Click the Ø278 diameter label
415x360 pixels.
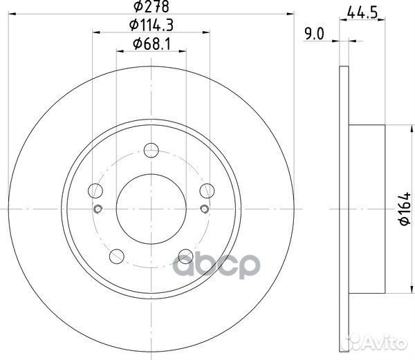tap(151, 7)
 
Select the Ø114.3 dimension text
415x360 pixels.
tap(151, 26)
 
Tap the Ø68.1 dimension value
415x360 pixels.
tap(151, 44)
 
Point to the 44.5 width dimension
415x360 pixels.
tap(362, 12)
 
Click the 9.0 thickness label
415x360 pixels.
tap(314, 34)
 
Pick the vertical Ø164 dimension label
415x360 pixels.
tap(405, 209)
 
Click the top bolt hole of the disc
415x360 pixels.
tap(151, 151)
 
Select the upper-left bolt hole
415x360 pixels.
tap(95, 191)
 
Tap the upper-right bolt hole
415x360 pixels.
tap(207, 191)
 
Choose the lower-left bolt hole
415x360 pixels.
tap(117, 256)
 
